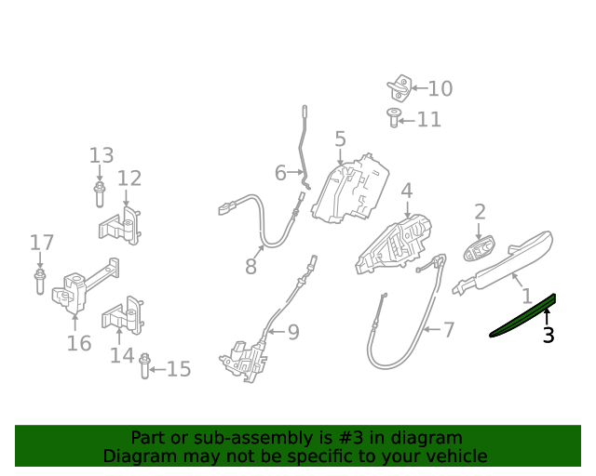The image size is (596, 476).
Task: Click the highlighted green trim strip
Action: tap(523, 316)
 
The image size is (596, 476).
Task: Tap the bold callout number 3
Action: tap(549, 336)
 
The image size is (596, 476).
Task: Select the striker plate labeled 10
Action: tap(400, 88)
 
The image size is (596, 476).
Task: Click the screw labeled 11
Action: tap(394, 118)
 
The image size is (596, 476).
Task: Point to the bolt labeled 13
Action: tap(100, 194)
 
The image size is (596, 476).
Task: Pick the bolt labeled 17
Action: tap(40, 282)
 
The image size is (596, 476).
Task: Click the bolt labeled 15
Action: tap(144, 366)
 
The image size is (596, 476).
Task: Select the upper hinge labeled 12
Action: tap(121, 226)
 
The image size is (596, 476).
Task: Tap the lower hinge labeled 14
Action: tap(123, 316)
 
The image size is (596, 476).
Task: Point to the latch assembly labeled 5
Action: tap(350, 189)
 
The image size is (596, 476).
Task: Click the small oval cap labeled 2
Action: tap(479, 248)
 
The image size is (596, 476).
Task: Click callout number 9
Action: tap(293, 332)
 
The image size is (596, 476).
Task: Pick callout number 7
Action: tap(449, 329)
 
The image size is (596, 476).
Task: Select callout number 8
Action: tap(251, 266)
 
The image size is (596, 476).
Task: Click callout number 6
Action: tap(280, 173)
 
